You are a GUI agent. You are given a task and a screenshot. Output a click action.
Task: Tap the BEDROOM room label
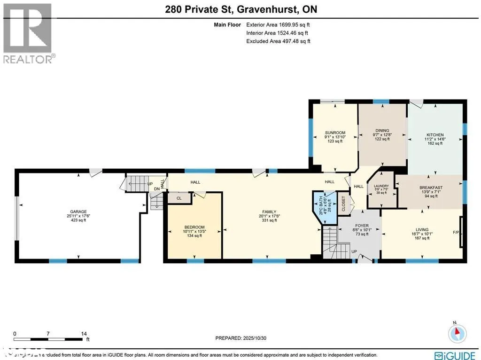(194, 227)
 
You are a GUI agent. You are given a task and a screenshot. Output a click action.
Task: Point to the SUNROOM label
(335, 133)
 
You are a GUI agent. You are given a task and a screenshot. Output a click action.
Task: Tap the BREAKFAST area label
(431, 188)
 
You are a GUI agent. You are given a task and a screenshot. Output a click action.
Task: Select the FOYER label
(362, 225)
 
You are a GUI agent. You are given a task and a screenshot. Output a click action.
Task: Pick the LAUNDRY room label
(381, 186)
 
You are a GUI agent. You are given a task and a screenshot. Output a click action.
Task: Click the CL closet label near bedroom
(179, 198)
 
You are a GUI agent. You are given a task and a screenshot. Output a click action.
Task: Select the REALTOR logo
(28, 33)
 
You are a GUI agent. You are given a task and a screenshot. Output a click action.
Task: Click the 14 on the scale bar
(84, 333)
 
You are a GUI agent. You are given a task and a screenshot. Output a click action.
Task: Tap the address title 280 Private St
(240, 8)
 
